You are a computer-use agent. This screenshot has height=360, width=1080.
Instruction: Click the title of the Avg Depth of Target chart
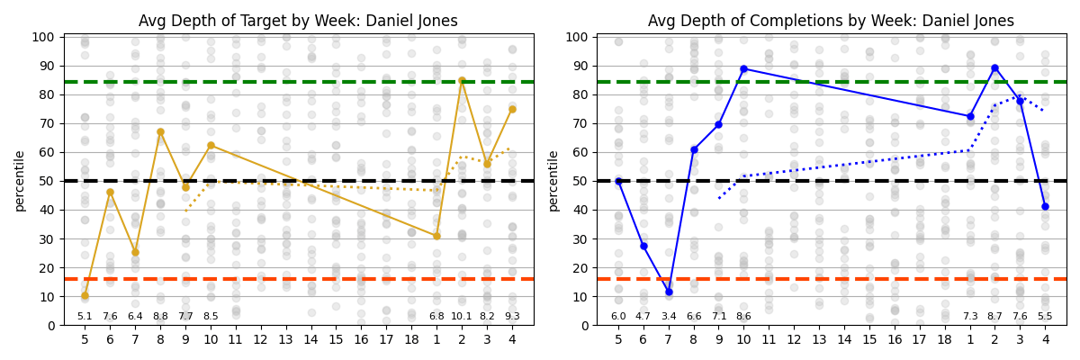(x=298, y=21)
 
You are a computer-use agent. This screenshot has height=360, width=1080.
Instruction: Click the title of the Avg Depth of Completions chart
(x=831, y=21)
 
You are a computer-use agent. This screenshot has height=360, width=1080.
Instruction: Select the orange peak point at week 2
(x=462, y=80)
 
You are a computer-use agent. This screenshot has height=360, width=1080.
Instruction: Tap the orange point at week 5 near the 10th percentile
(x=85, y=295)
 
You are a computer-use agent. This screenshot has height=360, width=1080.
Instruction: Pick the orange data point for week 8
(x=160, y=131)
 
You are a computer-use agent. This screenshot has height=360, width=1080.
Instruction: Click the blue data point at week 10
(x=743, y=68)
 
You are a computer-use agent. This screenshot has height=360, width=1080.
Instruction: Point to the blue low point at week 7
(x=669, y=292)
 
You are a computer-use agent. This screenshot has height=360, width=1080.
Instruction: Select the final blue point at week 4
(x=1045, y=206)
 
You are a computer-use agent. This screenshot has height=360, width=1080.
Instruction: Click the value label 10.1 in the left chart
(x=462, y=316)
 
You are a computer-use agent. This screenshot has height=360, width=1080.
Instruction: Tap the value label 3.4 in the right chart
(x=669, y=316)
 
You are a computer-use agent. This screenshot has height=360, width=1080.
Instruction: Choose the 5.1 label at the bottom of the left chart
(x=85, y=316)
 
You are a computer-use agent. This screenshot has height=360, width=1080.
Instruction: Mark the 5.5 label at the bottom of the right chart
(x=1045, y=316)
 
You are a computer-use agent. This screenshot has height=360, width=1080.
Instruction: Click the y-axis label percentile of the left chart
(x=20, y=181)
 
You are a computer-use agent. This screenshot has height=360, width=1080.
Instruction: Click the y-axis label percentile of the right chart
(x=553, y=181)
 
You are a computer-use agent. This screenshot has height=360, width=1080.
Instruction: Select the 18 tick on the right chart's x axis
(x=945, y=339)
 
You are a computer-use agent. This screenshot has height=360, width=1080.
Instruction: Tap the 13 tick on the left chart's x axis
(x=286, y=339)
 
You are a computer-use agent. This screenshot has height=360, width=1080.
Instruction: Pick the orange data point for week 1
(x=436, y=236)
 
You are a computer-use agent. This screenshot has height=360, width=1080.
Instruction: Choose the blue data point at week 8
(x=694, y=149)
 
